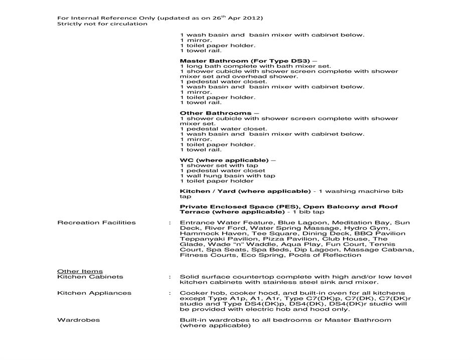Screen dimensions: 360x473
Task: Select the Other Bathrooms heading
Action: (x=215, y=113)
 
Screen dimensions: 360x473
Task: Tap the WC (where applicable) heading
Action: (x=224, y=160)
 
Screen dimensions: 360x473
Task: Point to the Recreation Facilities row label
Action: (x=96, y=222)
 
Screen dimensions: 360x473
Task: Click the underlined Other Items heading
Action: (x=80, y=271)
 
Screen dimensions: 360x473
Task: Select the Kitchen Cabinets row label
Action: (x=90, y=277)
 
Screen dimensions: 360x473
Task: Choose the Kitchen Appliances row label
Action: (x=94, y=293)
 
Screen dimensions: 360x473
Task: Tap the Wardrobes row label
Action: (x=78, y=320)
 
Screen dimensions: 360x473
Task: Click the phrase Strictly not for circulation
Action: (x=102, y=24)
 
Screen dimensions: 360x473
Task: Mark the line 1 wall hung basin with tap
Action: (x=227, y=176)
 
